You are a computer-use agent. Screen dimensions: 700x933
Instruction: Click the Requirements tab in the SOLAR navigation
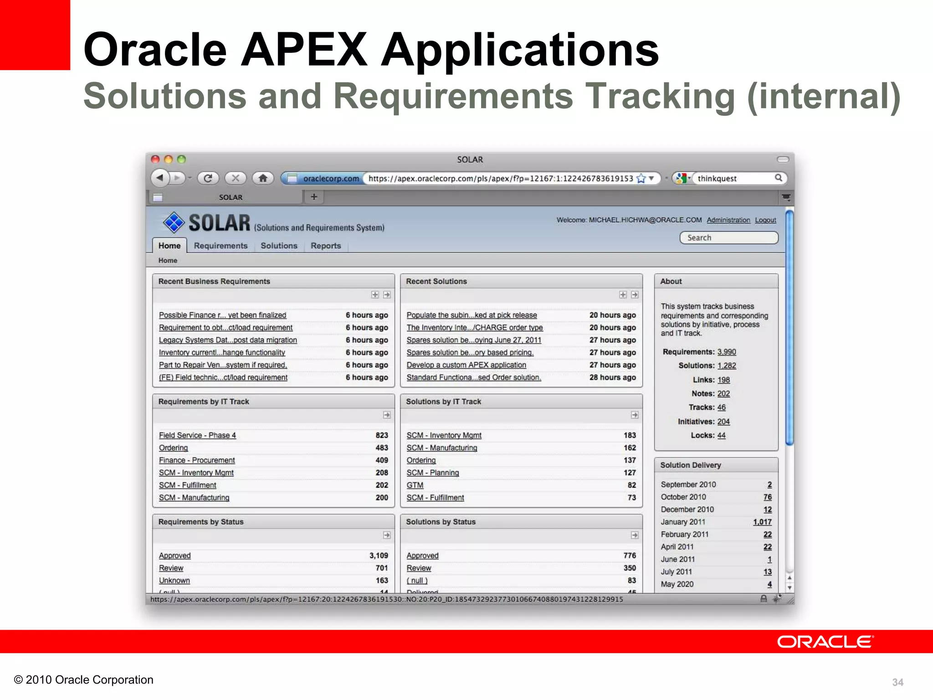click(220, 246)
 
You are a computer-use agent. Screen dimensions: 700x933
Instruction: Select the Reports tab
click(326, 246)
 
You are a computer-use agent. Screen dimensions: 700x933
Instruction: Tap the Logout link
click(765, 220)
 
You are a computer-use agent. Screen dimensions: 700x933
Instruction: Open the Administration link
click(728, 220)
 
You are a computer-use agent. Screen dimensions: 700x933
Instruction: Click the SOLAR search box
click(729, 238)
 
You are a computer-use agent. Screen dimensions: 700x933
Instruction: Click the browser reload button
click(208, 178)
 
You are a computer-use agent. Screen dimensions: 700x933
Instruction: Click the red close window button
click(155, 159)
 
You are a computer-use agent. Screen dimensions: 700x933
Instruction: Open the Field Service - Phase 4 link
click(197, 435)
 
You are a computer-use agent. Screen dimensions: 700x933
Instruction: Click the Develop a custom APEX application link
click(466, 365)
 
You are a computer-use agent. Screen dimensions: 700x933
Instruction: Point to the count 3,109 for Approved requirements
click(379, 556)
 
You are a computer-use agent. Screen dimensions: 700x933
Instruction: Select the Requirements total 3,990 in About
click(727, 352)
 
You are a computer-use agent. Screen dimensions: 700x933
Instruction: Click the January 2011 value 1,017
click(762, 522)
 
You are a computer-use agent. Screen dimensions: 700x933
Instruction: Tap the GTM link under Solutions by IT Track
click(415, 485)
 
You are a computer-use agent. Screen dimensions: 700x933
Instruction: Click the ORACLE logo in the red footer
click(825, 642)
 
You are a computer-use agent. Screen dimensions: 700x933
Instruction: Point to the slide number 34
click(897, 682)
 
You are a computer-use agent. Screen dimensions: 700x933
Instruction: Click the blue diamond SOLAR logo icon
click(174, 223)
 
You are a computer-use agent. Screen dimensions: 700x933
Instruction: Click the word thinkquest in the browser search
click(717, 179)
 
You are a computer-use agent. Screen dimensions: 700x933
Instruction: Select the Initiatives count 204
click(723, 422)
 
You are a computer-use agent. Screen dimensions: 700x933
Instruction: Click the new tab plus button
click(314, 197)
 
